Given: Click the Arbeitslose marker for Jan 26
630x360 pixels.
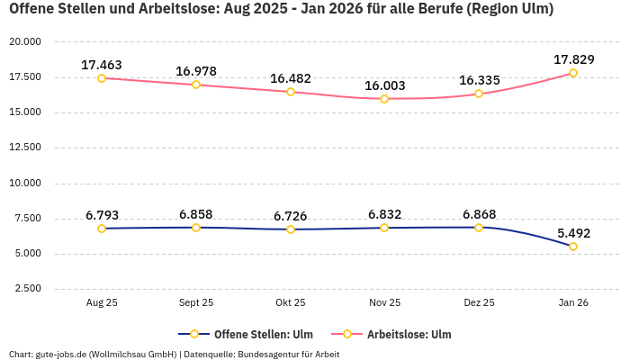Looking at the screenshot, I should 573,73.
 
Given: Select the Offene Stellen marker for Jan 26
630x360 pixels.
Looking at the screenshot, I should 573,247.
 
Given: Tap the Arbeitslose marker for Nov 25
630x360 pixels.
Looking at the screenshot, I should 384,99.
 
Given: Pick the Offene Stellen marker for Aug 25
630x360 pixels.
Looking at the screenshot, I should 102,229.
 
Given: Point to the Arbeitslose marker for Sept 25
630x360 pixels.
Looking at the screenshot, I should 196,85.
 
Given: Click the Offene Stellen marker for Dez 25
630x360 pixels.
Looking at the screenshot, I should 479,228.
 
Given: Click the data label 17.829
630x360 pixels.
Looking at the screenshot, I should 573,59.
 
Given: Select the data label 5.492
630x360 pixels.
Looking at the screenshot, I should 573,233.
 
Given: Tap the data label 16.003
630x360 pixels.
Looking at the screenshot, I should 384,85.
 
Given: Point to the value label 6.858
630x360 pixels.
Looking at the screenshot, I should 196,214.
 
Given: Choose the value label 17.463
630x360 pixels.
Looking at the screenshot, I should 102,65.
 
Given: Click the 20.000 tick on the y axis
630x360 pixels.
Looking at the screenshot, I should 25,42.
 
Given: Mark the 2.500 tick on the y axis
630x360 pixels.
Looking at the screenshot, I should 28,289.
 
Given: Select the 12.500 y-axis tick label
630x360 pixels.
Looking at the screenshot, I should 25,148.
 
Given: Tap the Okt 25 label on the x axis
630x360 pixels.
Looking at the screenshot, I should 291,303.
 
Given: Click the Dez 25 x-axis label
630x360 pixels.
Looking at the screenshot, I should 479,303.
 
